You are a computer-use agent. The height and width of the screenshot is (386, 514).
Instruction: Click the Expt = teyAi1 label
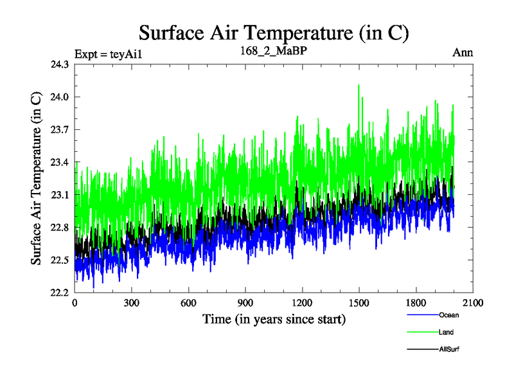coord(107,53)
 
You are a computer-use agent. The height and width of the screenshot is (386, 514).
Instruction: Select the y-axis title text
coord(37,179)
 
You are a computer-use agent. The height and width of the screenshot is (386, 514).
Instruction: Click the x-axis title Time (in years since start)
coord(274,319)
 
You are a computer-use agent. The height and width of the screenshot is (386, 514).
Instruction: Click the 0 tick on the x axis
coord(75,303)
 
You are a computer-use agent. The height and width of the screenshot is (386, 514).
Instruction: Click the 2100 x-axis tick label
coord(472,303)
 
